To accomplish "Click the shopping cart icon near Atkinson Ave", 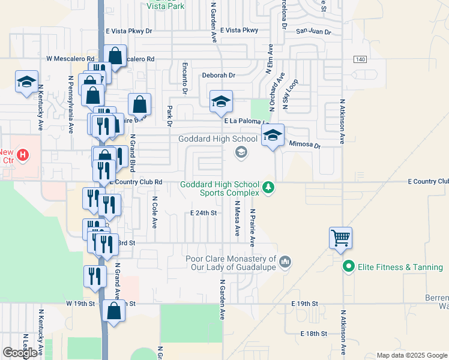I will tap(340, 237).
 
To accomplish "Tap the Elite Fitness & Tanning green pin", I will tap(348, 266).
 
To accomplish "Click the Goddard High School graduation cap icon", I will tap(241, 152).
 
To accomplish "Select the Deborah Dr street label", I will tap(218, 76).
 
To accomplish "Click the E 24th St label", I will tap(203, 213).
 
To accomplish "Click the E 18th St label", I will tap(314, 333).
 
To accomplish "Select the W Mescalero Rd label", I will tap(71, 59).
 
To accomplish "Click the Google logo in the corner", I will tap(20, 353).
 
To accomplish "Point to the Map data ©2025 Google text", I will tap(411, 355).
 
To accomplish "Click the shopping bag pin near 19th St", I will tap(114, 311).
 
